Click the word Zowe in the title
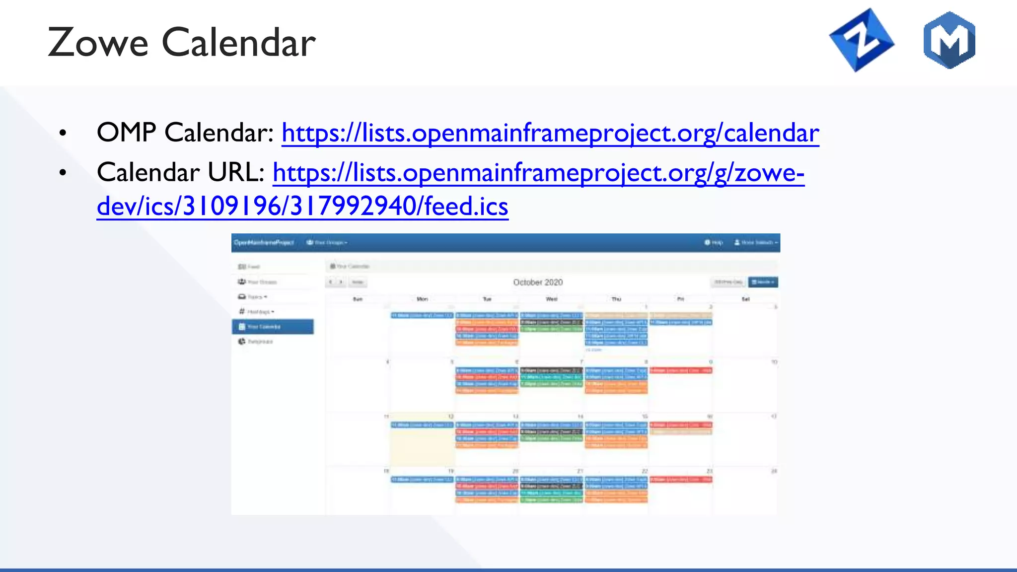[x=98, y=43]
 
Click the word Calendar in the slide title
[x=239, y=43]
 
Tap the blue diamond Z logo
[x=862, y=40]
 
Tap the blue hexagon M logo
[x=949, y=40]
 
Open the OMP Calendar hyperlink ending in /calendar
[x=550, y=133]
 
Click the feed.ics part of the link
[x=466, y=207]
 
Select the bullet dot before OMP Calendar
[x=63, y=133]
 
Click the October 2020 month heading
[x=538, y=282]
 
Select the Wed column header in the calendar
[x=551, y=299]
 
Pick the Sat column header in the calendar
[x=745, y=299]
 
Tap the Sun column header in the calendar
[x=358, y=299]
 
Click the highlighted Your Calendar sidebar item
[x=273, y=327]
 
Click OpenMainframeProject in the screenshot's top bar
[x=264, y=242]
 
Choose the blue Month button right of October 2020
[x=763, y=282]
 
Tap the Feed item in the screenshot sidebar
[x=249, y=267]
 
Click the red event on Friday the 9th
[x=681, y=370]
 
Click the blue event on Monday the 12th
[x=422, y=425]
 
